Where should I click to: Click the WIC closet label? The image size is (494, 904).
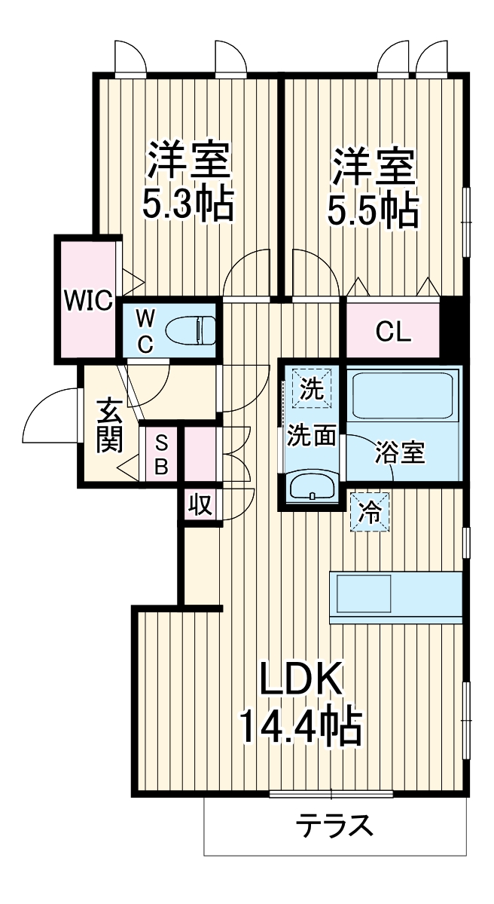(x=87, y=299)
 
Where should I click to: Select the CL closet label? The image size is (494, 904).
(x=394, y=332)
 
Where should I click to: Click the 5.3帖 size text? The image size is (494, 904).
(x=188, y=204)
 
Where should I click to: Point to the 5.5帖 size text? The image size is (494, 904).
(x=374, y=211)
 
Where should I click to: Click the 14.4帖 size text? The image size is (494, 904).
(x=301, y=726)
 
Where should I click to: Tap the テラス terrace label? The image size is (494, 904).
(x=334, y=826)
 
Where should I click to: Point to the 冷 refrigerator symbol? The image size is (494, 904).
(x=370, y=512)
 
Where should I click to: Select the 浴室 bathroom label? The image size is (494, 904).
(x=400, y=452)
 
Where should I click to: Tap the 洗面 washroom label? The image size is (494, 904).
(x=311, y=437)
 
